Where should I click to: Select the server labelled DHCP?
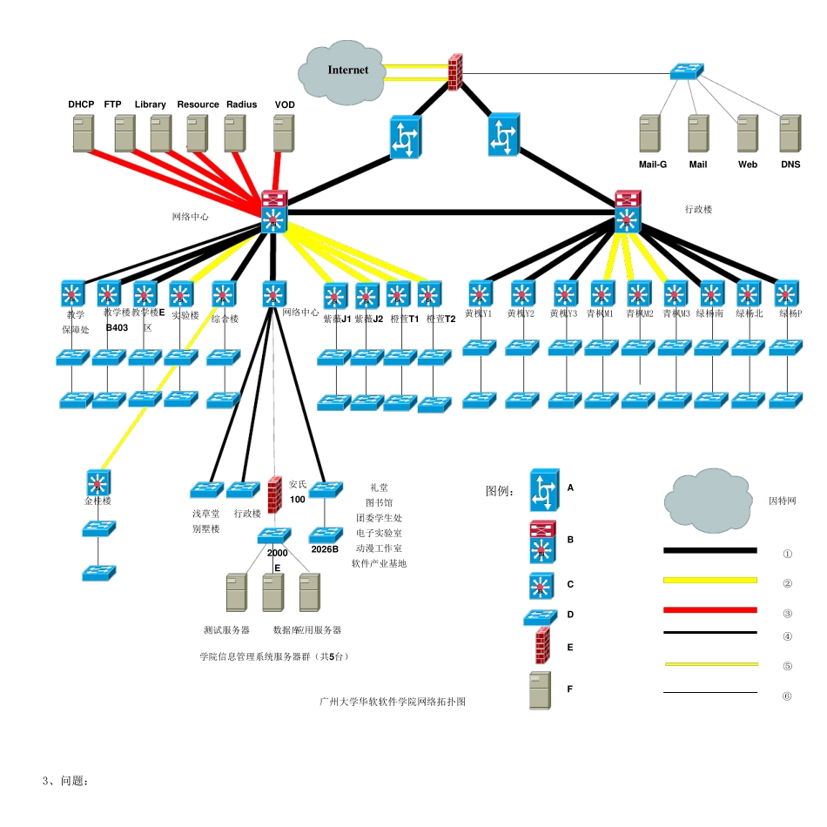(83, 135)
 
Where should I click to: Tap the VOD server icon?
(284, 135)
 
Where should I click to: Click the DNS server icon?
(790, 135)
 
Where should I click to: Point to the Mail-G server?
(650, 135)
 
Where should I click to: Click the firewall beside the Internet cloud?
(455, 72)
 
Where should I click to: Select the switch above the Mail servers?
(687, 71)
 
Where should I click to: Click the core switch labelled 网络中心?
(274, 212)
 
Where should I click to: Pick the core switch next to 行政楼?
(626, 212)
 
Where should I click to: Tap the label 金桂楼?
(97, 501)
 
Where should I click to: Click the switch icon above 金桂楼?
(97, 481)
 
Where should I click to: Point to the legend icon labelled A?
(544, 491)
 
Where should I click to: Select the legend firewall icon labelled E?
(542, 648)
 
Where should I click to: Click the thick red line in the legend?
(709, 610)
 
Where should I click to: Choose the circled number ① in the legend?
(787, 554)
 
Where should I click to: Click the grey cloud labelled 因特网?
(708, 501)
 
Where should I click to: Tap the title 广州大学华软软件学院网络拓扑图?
(392, 701)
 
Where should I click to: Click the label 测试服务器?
(226, 629)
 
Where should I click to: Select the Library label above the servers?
(150, 104)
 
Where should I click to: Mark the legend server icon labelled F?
(541, 690)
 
